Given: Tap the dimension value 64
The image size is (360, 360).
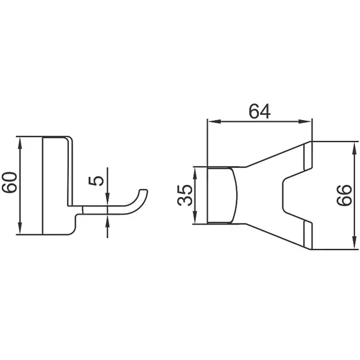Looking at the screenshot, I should click(259, 111).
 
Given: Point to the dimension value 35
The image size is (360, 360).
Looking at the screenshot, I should click(185, 195).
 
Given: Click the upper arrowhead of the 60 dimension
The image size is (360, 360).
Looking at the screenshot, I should click(22, 141).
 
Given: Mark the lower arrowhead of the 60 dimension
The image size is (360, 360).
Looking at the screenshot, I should click(22, 231).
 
